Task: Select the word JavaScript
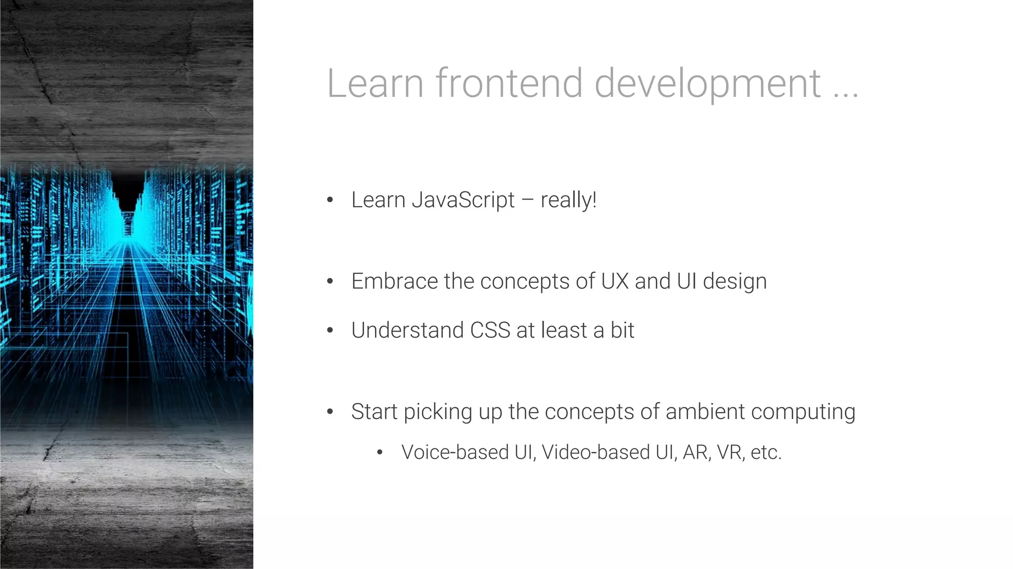pyautogui.click(x=463, y=201)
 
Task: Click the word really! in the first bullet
pyautogui.click(x=568, y=201)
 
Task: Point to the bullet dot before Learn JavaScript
pyautogui.click(x=330, y=200)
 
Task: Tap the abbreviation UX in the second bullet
pyautogui.click(x=615, y=281)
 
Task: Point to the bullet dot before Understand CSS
pyautogui.click(x=330, y=330)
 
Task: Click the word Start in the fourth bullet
pyautogui.click(x=374, y=411)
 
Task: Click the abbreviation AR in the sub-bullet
pyautogui.click(x=695, y=452)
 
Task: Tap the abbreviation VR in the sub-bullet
pyautogui.click(x=730, y=452)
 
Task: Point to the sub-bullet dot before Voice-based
pyautogui.click(x=380, y=452)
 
